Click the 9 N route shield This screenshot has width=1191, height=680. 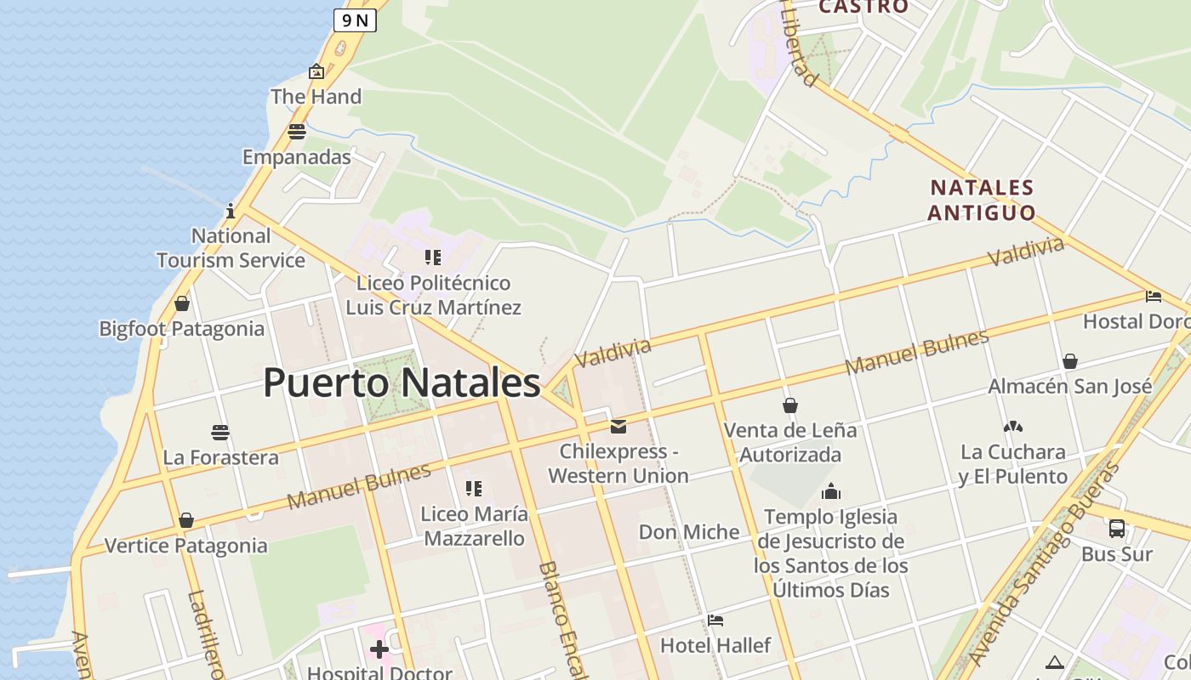point(355,20)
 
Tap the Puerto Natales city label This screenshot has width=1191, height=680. point(402,382)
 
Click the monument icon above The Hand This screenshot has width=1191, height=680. point(316,72)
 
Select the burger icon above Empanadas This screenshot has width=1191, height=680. point(296,132)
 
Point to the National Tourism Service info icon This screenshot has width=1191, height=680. point(231,211)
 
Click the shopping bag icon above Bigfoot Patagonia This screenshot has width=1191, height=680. point(181,303)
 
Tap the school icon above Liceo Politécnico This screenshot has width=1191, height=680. point(433,257)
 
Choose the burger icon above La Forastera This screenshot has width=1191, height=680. point(220,433)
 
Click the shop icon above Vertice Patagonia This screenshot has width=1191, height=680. point(186,520)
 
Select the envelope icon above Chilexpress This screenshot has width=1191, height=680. point(618,426)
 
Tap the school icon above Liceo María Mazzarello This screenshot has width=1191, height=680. point(474,489)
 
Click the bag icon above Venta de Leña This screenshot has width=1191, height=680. point(790,405)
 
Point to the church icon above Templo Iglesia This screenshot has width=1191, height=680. point(831,491)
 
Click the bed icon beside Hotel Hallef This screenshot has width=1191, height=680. point(715,620)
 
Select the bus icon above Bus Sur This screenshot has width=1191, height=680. point(1117,529)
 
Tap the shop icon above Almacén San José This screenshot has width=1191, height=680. point(1070,361)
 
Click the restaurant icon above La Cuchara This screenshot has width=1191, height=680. point(1012,427)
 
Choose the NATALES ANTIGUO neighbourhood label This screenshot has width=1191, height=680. point(981,200)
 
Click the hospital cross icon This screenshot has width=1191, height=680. point(379,650)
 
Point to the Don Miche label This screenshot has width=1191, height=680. point(689,532)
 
